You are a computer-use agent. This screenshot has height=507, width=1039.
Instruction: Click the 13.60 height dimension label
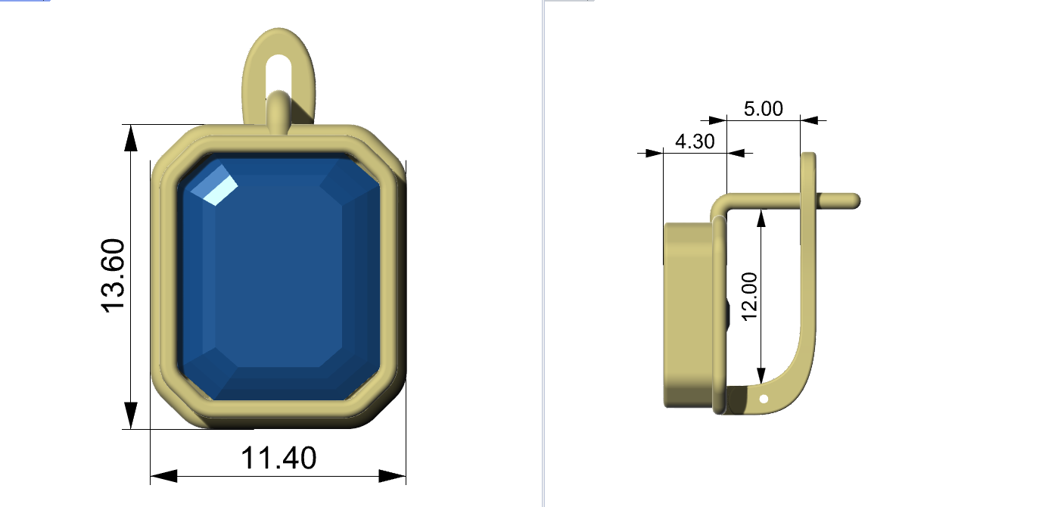coord(113,275)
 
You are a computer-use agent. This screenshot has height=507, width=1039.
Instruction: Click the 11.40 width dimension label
coord(278,459)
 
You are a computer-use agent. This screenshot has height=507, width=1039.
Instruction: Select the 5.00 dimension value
coord(763,109)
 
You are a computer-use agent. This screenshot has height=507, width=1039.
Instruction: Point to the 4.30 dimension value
coord(695,142)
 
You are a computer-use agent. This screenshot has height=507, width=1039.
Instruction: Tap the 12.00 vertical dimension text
coord(750,297)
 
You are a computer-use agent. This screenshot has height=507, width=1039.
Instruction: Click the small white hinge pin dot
coord(764,399)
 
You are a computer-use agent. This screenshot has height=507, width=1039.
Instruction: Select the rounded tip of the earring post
coord(856,201)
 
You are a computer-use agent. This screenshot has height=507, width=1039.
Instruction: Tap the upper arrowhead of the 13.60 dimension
coord(131,138)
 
